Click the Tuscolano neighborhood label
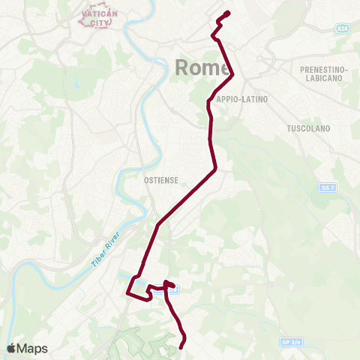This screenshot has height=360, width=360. tap(308, 128)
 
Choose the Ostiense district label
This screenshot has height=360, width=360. tap(159, 181)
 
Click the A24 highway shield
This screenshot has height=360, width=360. tap(342, 28)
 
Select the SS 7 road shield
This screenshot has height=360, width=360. tap(325, 187)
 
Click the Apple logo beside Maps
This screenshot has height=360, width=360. tap(11, 348)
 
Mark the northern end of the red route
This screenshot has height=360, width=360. tap(227, 13)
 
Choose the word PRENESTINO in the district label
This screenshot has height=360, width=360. tap(323, 69)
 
